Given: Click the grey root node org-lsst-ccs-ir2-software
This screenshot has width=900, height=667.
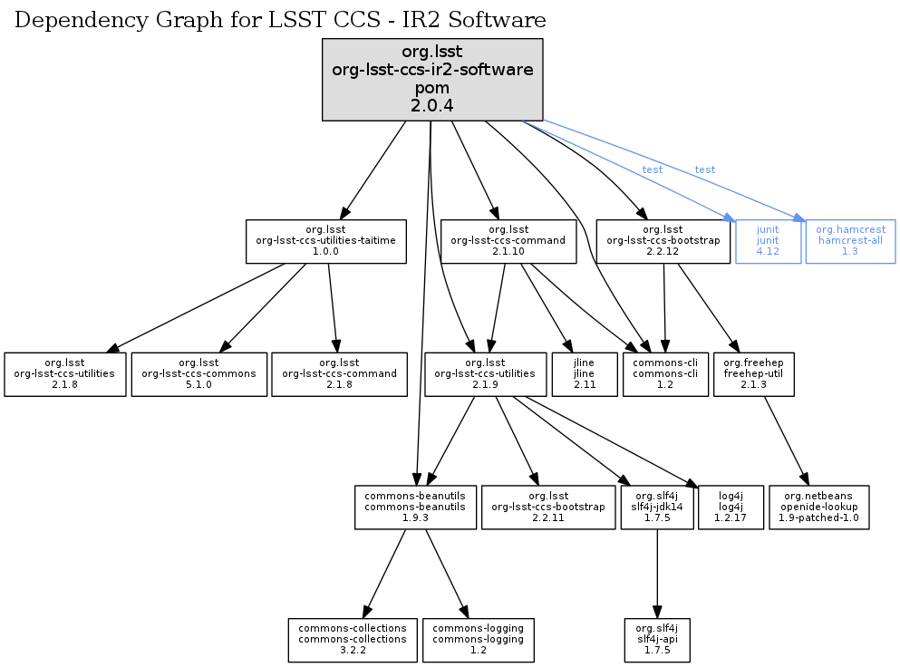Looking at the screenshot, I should click(432, 80).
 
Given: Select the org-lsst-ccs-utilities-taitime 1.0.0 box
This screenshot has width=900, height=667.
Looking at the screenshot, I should click(325, 241).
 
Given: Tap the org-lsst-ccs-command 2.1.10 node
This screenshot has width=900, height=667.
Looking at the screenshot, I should click(508, 241).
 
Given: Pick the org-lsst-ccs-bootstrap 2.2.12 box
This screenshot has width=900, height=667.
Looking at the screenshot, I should click(663, 241).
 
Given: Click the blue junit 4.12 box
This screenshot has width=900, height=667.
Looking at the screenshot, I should click(768, 241).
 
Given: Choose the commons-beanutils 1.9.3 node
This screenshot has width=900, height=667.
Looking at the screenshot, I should click(415, 507).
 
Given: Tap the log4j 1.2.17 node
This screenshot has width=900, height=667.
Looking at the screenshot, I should click(731, 507).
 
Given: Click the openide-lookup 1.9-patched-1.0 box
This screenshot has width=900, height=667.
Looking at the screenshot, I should click(819, 507).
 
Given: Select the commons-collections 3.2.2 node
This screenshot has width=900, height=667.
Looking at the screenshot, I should click(353, 640).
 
